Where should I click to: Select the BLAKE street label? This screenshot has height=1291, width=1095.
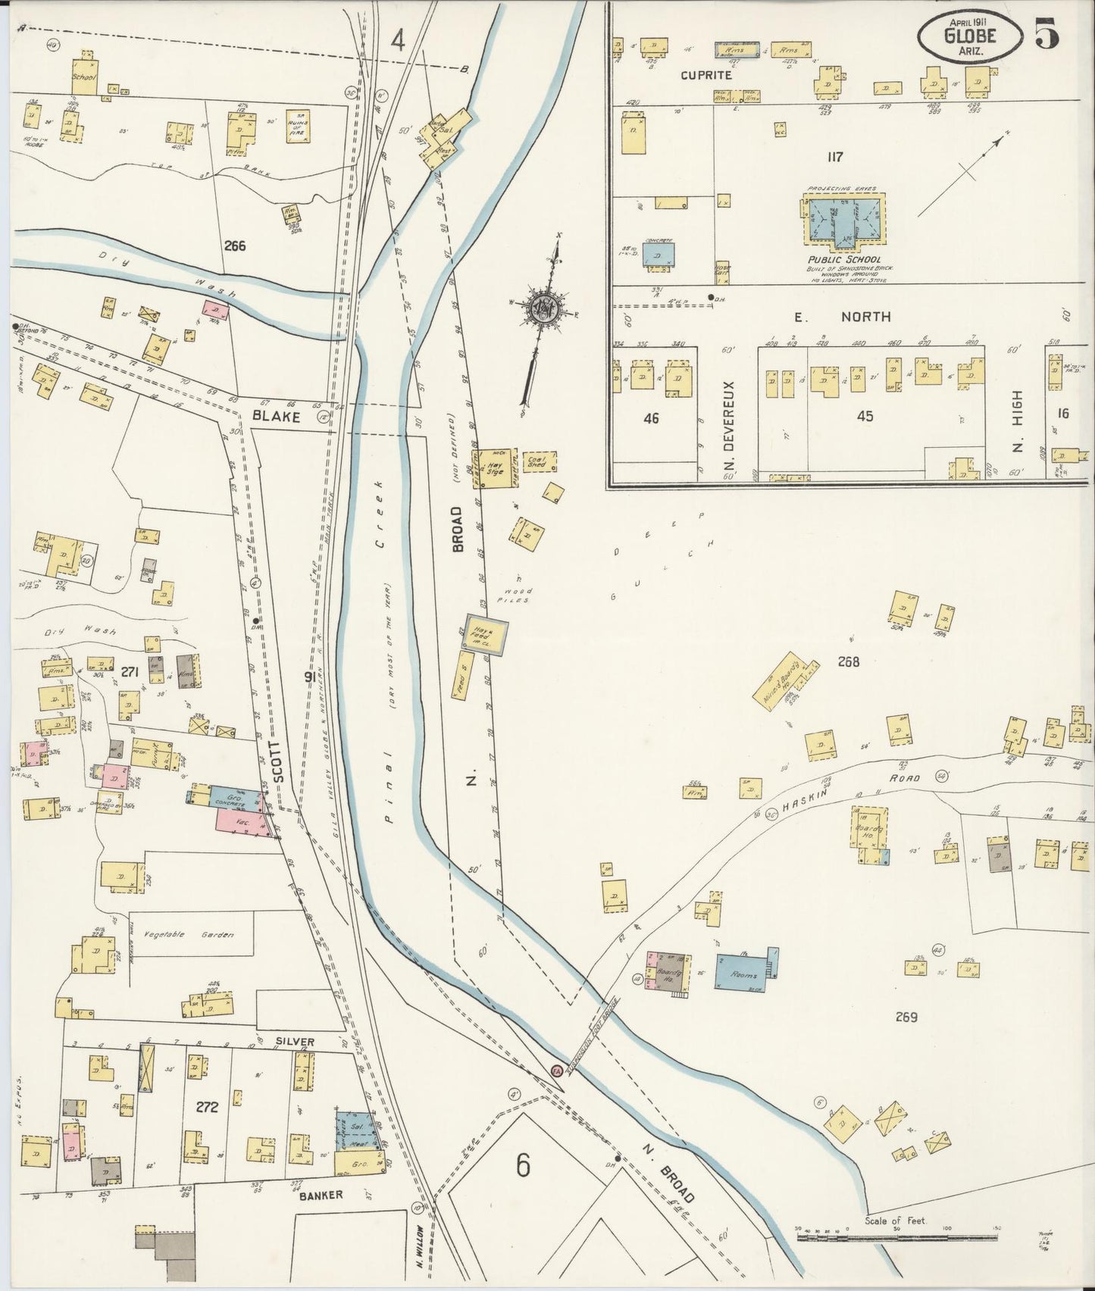click(277, 417)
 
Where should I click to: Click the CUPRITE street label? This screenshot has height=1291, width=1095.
click(705, 75)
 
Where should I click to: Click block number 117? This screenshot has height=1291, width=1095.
click(835, 158)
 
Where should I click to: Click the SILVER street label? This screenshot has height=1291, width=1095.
click(295, 1042)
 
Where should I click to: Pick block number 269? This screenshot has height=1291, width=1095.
click(906, 1017)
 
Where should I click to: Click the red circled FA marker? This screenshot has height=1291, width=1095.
click(555, 1071)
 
